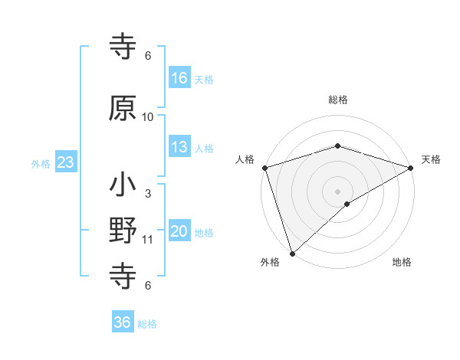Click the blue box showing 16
[x=179, y=77]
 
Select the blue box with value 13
[x=179, y=147]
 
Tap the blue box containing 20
[x=179, y=231]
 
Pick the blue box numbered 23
[x=65, y=162]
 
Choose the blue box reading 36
[x=123, y=322]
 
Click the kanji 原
[x=123, y=110]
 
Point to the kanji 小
[x=123, y=186]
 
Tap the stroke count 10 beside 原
[x=148, y=117]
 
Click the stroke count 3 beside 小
[x=148, y=194]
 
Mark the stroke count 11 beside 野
[x=148, y=240]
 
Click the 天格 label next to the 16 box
[x=204, y=79]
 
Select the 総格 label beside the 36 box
[x=147, y=324]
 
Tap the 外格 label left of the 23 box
[x=40, y=163]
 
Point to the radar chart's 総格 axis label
[x=338, y=99]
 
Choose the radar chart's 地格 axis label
[x=402, y=262]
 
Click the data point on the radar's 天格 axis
[x=411, y=167]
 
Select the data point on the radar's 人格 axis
[x=264, y=167]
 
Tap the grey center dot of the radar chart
[x=338, y=191]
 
